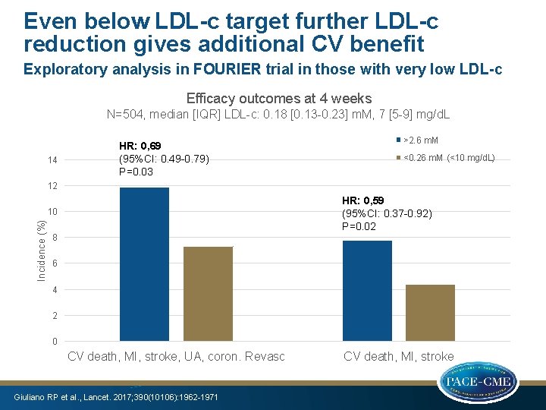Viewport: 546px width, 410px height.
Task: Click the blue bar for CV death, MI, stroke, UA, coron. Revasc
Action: click(x=144, y=263)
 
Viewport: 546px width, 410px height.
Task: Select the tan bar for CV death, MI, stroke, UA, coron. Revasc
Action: click(x=208, y=293)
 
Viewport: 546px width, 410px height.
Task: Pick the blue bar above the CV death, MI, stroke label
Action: click(x=367, y=290)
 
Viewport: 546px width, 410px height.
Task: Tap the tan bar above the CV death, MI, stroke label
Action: click(x=430, y=312)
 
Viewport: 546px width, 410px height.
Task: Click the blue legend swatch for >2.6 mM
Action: click(x=397, y=140)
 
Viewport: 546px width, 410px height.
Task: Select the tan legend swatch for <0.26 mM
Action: click(x=397, y=158)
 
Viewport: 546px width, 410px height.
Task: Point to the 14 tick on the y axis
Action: click(x=52, y=160)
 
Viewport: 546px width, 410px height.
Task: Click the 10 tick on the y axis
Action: click(x=52, y=212)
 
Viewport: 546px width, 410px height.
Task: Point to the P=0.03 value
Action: click(x=136, y=172)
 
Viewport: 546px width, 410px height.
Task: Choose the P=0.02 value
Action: click(x=360, y=226)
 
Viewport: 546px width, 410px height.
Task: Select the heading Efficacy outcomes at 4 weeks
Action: click(x=278, y=98)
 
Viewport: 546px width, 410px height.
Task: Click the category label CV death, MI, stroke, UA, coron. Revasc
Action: click(x=176, y=356)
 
